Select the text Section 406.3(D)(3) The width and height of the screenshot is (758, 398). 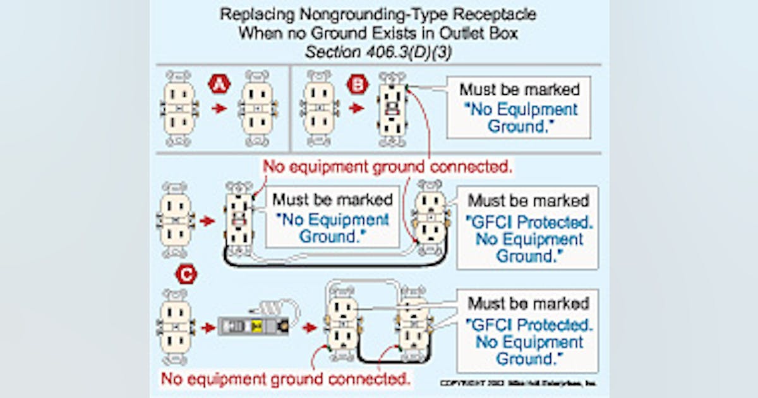pyautogui.click(x=379, y=52)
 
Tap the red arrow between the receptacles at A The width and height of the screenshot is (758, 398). pyautogui.click(x=219, y=108)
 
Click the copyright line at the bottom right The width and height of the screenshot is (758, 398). pyautogui.click(x=519, y=383)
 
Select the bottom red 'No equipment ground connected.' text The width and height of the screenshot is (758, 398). pyautogui.click(x=285, y=379)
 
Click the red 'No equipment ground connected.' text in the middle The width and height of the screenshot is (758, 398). pyautogui.click(x=387, y=167)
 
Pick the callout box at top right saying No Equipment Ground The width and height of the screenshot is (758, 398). pyautogui.click(x=518, y=108)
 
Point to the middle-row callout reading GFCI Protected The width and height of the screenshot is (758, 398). pyautogui.click(x=527, y=228)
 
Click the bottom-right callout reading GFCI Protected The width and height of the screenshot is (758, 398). pyautogui.click(x=527, y=331)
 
